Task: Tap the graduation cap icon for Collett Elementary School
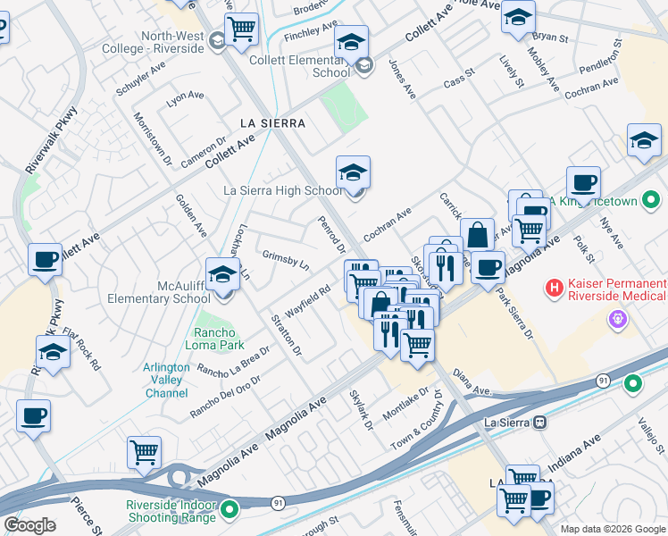click(x=352, y=43)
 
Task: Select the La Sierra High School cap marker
click(x=353, y=172)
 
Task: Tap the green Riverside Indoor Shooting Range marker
click(x=230, y=510)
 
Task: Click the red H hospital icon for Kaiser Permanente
click(x=555, y=289)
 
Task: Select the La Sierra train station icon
click(x=539, y=423)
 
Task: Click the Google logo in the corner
click(x=29, y=524)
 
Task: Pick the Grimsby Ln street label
click(x=285, y=260)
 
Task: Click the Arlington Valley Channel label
click(x=166, y=380)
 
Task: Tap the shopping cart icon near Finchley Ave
click(x=241, y=29)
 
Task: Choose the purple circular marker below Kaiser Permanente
click(x=616, y=318)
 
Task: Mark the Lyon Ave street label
click(x=185, y=96)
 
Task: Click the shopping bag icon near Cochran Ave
click(x=478, y=235)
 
